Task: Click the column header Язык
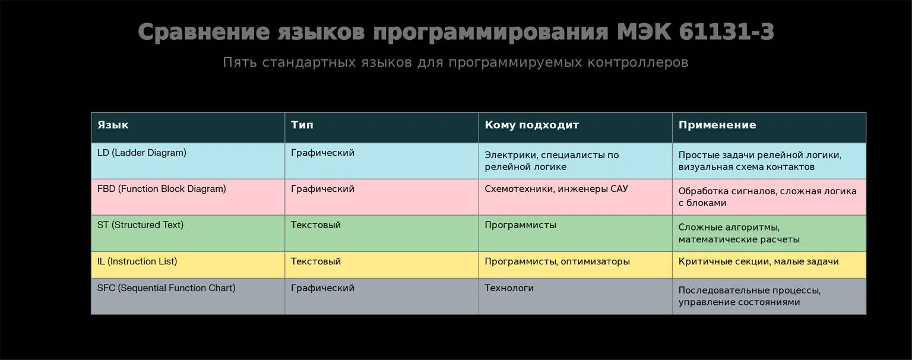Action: click(113, 125)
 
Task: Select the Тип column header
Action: click(302, 125)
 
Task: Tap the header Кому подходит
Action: click(532, 125)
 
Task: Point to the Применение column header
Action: click(717, 125)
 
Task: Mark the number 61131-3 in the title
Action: click(726, 31)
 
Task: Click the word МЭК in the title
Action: click(644, 31)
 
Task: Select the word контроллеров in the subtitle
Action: click(638, 63)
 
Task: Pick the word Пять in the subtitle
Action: click(240, 62)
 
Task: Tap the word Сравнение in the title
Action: click(204, 31)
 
